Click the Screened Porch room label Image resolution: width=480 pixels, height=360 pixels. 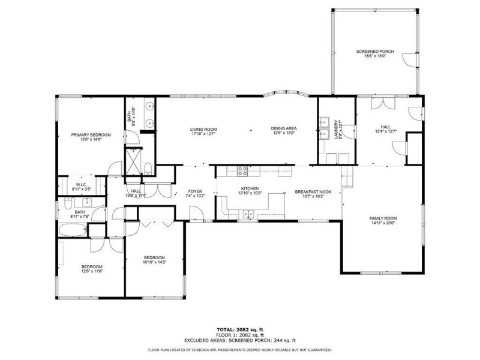click(375, 52)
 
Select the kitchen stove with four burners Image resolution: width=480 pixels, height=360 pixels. click(243, 170)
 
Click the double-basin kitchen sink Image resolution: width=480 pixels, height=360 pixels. click(249, 214)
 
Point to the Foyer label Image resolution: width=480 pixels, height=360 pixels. click(194, 192)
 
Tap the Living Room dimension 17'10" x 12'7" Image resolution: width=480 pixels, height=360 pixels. click(203, 134)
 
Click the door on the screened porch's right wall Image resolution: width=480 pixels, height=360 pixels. click(409, 60)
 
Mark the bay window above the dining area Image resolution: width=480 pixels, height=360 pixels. click(285, 94)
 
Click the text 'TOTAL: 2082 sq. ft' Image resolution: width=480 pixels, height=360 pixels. click(240, 329)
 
